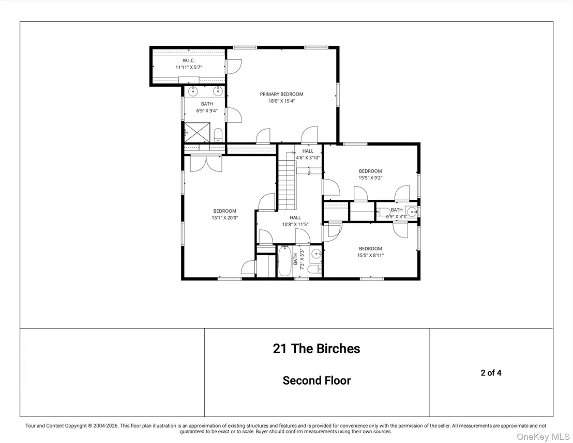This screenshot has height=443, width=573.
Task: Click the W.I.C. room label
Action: pyautogui.click(x=189, y=60)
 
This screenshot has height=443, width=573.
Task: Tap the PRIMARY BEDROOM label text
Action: pyautogui.click(x=281, y=94)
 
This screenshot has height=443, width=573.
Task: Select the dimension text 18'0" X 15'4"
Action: pyautogui.click(x=281, y=101)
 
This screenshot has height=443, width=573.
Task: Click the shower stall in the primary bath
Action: pyautogui.click(x=197, y=133)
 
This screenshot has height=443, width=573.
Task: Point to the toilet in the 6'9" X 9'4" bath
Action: pyautogui.click(x=218, y=135)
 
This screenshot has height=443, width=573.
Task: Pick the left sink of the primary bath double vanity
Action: pyautogui.click(x=192, y=91)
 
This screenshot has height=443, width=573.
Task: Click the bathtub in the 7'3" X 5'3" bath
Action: pyautogui.click(x=284, y=261)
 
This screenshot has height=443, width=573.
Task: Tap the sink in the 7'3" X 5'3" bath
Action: pyautogui.click(x=316, y=253)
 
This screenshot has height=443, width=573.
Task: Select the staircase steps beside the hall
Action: pyautogui.click(x=286, y=180)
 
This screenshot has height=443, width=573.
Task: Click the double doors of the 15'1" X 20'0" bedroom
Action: pyautogui.click(x=206, y=163)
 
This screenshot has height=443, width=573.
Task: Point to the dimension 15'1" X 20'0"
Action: pyautogui.click(x=225, y=218)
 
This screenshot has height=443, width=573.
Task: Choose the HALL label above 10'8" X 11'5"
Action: pyautogui.click(x=295, y=217)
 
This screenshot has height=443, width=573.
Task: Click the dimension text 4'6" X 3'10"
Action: pyautogui.click(x=308, y=157)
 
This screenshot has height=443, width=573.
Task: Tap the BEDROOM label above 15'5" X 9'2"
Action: pyautogui.click(x=370, y=171)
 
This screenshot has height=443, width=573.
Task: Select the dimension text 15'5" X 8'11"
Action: pyautogui.click(x=371, y=256)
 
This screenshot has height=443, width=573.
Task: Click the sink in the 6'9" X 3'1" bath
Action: pyautogui.click(x=412, y=211)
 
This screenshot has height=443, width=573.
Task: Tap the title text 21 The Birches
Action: pyautogui.click(x=316, y=349)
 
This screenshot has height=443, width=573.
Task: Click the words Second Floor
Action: pyautogui.click(x=316, y=381)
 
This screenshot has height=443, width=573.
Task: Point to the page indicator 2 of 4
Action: pyautogui.click(x=491, y=373)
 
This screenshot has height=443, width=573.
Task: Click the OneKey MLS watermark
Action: pyautogui.click(x=543, y=436)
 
